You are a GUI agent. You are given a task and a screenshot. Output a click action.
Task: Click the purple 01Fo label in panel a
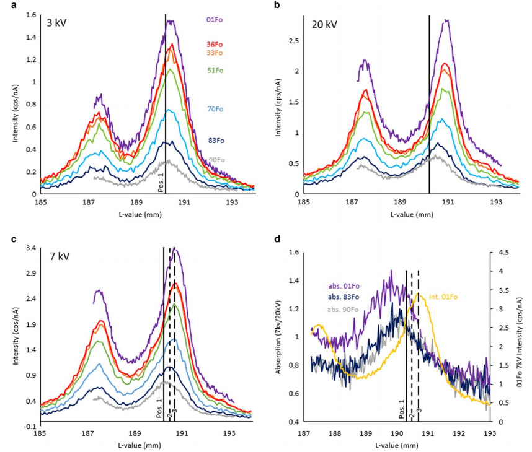click(x=215, y=20)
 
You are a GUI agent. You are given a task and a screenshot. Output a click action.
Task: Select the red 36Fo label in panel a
click(x=215, y=45)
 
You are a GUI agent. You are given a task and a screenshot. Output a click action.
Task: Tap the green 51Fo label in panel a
click(x=215, y=71)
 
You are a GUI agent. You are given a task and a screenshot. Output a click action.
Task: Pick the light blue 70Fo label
click(x=215, y=110)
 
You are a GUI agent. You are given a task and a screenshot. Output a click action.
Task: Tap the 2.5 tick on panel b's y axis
click(x=294, y=41)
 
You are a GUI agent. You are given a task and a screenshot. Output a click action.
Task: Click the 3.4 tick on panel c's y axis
click(x=30, y=249)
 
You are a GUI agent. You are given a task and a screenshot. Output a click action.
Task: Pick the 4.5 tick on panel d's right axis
click(x=500, y=253)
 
